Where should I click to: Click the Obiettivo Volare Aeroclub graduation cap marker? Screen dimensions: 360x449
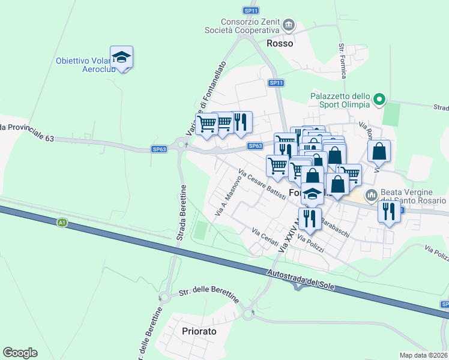122,58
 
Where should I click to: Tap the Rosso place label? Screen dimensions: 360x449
280,43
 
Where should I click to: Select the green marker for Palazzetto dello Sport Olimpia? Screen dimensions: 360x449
379,100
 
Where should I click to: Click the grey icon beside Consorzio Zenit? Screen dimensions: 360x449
289,25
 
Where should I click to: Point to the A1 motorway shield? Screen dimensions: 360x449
62,223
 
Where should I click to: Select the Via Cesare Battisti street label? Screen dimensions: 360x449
261,185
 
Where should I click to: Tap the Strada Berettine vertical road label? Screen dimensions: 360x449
181,214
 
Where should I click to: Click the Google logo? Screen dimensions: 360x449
20,353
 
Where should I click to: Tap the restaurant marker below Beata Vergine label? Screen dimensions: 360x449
389,212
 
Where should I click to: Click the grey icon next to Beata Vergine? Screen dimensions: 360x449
371,194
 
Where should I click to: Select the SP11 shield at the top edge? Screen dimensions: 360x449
251,11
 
